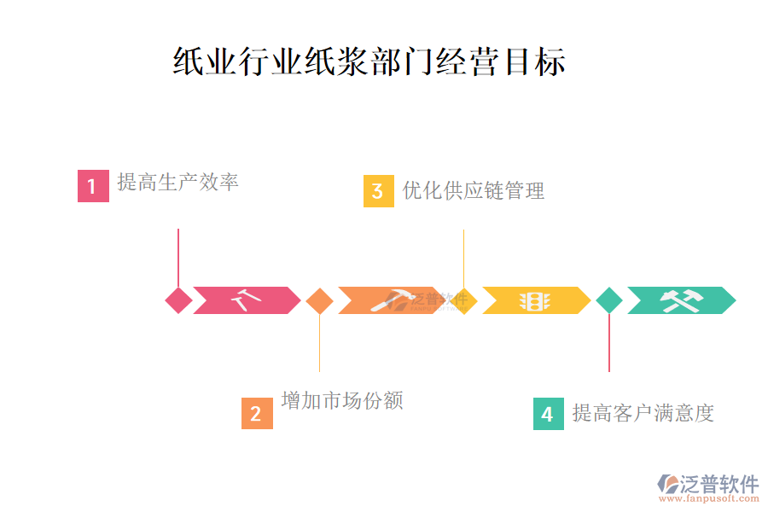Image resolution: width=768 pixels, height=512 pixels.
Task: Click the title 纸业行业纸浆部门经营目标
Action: (x=369, y=62)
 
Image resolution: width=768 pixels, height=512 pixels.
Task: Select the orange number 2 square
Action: (x=257, y=414)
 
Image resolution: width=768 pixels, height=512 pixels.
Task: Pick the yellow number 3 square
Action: (x=378, y=191)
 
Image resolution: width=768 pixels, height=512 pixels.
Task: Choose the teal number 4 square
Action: (x=548, y=414)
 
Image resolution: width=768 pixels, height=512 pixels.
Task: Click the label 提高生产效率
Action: (x=177, y=182)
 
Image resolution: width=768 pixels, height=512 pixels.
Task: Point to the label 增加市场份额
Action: (x=341, y=400)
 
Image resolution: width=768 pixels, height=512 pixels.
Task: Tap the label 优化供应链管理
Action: (x=474, y=190)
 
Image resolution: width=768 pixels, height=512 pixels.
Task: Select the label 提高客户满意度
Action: (x=643, y=413)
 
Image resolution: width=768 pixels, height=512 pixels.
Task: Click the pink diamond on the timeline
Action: (x=178, y=300)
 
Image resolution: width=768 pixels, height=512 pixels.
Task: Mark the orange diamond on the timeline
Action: (x=319, y=300)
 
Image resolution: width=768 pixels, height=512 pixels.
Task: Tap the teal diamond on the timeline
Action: (x=609, y=300)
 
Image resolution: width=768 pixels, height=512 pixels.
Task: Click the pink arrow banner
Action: (x=246, y=300)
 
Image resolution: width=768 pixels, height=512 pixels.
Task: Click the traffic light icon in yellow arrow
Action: (x=535, y=300)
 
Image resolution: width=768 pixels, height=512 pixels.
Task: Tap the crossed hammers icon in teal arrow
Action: (x=681, y=300)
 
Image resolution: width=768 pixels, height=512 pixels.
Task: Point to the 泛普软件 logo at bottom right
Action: (x=707, y=486)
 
